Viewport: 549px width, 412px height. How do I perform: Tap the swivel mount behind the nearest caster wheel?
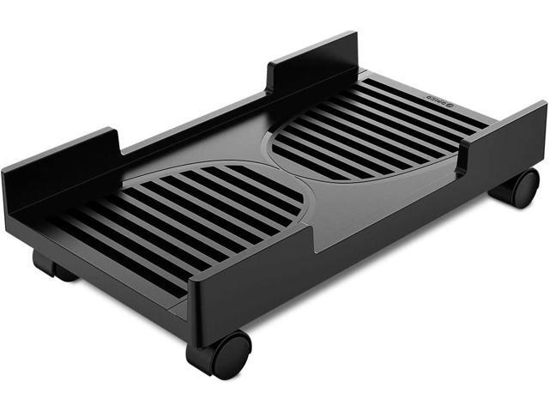tap(200, 345)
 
